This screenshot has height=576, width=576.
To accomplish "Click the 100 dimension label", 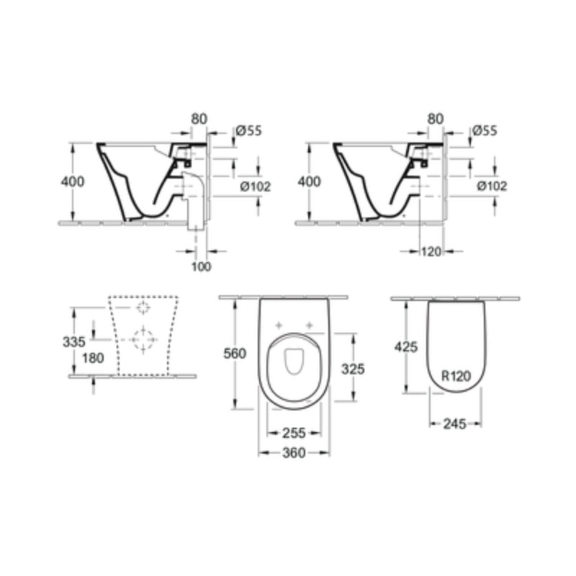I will point(202,267).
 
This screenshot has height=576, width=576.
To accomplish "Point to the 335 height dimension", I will point(75,341).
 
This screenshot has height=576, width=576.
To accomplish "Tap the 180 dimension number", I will point(93,358).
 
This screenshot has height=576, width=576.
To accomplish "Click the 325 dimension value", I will point(353,369).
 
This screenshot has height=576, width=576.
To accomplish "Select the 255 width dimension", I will point(293,432).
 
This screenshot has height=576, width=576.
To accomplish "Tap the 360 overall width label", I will point(293,452).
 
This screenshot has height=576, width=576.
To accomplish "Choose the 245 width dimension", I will point(455,423).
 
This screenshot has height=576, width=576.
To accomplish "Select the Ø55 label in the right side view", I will point(485,130).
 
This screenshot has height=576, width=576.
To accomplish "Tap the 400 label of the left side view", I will point(73,181).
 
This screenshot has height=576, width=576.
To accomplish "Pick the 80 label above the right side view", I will point(435,117).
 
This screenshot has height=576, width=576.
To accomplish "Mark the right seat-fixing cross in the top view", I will point(310,325).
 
